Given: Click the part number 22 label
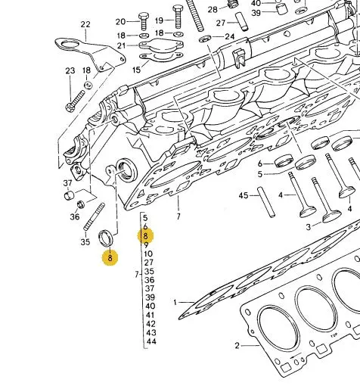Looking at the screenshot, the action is point(85,24).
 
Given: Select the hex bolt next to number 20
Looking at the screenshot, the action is point(143,21).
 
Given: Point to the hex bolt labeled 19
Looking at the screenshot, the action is point(178,17).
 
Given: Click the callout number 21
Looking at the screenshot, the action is point(121,45).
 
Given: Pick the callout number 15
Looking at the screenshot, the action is point(136,70).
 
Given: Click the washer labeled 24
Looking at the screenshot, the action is point(205,39).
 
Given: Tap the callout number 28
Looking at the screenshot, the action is point(213,10).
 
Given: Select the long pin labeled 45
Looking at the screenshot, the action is point(266,202).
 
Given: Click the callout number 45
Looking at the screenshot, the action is point(244,195).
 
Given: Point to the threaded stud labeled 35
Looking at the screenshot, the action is point(94,216).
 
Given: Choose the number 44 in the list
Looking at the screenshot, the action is point(151,341).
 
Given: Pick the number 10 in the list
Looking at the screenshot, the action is point(148,254).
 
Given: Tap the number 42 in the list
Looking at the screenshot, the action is point(151,324).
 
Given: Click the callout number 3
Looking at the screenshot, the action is point(309,227).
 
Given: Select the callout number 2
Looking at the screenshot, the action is point(237,345).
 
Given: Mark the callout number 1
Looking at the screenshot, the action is point(175,302).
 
